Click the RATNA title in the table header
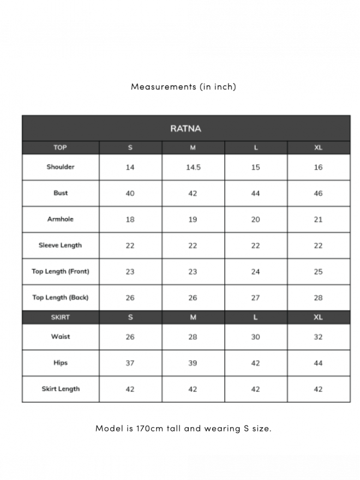[185, 129]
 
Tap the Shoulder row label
[61, 167]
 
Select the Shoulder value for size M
[193, 167]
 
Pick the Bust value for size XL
[319, 193]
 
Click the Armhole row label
[61, 219]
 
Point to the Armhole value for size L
[256, 219]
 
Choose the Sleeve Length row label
[60, 245]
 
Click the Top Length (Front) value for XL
[319, 272]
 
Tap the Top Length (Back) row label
[61, 298]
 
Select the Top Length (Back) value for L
[256, 298]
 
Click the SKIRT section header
[61, 317]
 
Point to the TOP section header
[60, 148]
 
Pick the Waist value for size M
[193, 337]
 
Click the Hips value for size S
[130, 363]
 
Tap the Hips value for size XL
[319, 363]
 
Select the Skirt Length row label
[61, 389]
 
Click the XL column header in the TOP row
[319, 148]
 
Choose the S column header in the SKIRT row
[130, 317]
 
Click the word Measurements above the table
[163, 87]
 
